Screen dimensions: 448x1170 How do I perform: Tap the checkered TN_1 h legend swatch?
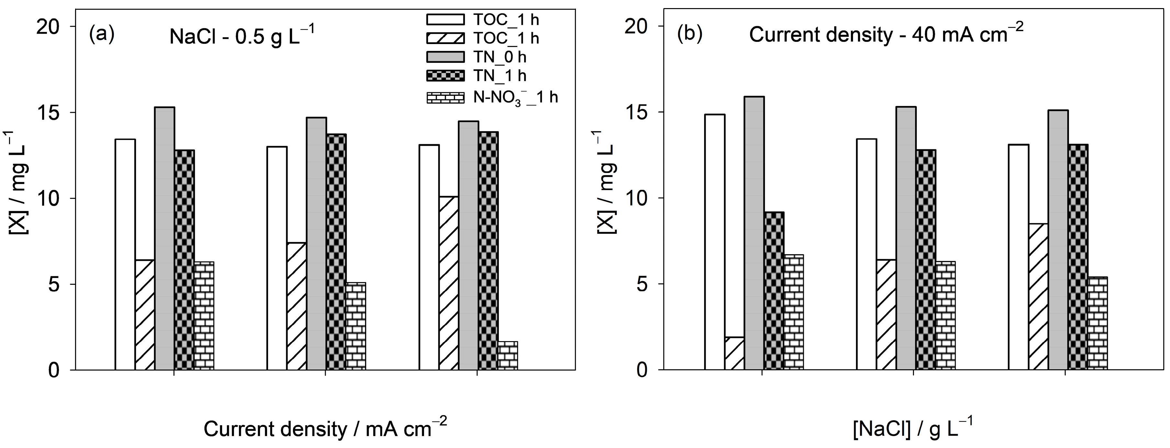[445, 75]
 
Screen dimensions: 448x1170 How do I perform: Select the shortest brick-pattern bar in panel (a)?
[508, 355]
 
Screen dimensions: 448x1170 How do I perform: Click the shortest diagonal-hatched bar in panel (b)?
[734, 353]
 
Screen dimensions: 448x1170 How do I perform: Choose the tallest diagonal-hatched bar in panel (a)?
[448, 283]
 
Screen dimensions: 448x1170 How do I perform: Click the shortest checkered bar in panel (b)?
[774, 291]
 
